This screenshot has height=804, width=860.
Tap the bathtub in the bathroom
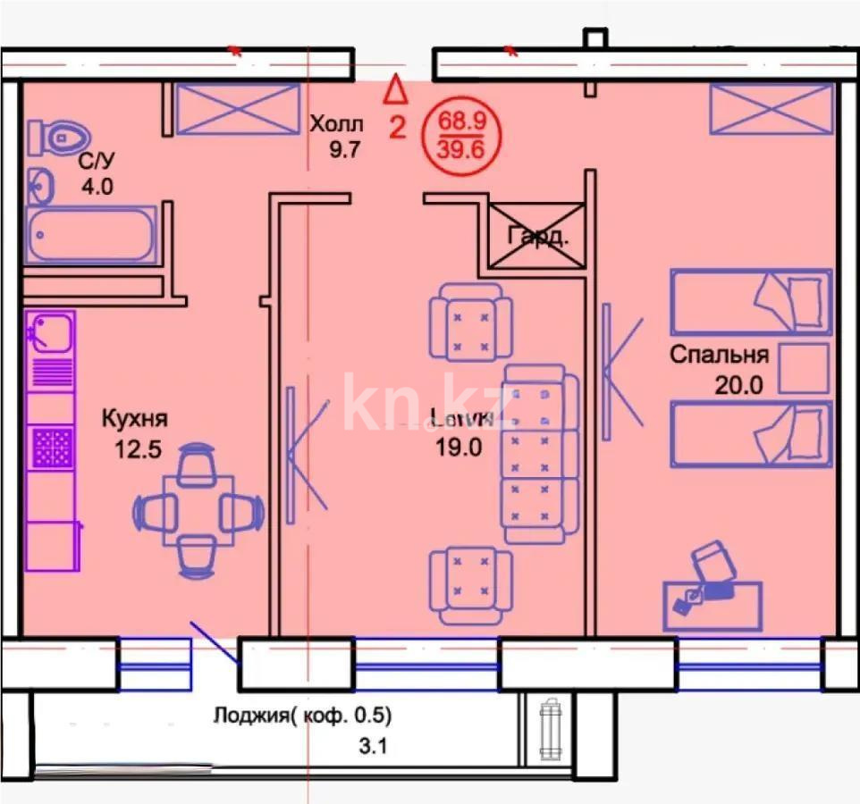91,234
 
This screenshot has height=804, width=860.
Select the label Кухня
134,418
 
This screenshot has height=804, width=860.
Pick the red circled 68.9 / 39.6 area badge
470,132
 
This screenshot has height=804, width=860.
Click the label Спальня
719,355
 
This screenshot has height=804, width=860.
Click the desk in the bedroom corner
713,605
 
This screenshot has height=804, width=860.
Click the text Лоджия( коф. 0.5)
303,716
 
